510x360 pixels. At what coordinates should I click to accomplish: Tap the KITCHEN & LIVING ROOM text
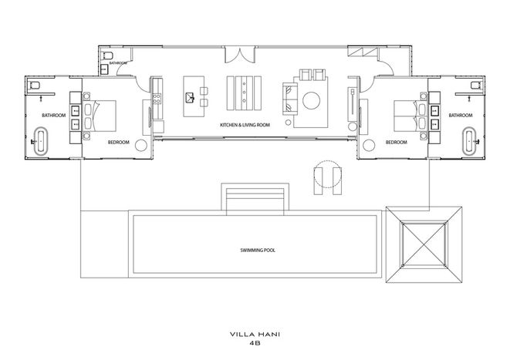245,125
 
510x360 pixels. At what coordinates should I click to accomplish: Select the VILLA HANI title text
255,334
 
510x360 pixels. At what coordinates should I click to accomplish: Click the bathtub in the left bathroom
41,141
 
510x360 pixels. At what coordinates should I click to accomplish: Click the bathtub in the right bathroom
469,141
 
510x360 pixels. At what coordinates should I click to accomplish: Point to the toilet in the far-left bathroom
35,85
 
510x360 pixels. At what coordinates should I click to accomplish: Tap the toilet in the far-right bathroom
475,85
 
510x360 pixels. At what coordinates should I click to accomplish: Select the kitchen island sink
190,97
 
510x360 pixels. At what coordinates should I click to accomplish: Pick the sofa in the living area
290,99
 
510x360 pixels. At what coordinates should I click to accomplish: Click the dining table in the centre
244,93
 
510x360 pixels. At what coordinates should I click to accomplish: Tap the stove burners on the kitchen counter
157,99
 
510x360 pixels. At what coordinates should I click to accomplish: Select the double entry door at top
240,56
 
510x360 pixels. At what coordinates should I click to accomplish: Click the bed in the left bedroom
100,116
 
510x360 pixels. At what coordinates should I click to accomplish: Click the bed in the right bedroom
410,116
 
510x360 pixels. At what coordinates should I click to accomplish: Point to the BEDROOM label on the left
118,142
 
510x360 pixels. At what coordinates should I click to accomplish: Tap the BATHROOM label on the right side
461,116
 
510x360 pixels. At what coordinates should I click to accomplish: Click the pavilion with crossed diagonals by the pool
424,244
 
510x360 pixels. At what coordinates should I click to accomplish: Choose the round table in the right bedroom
369,145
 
